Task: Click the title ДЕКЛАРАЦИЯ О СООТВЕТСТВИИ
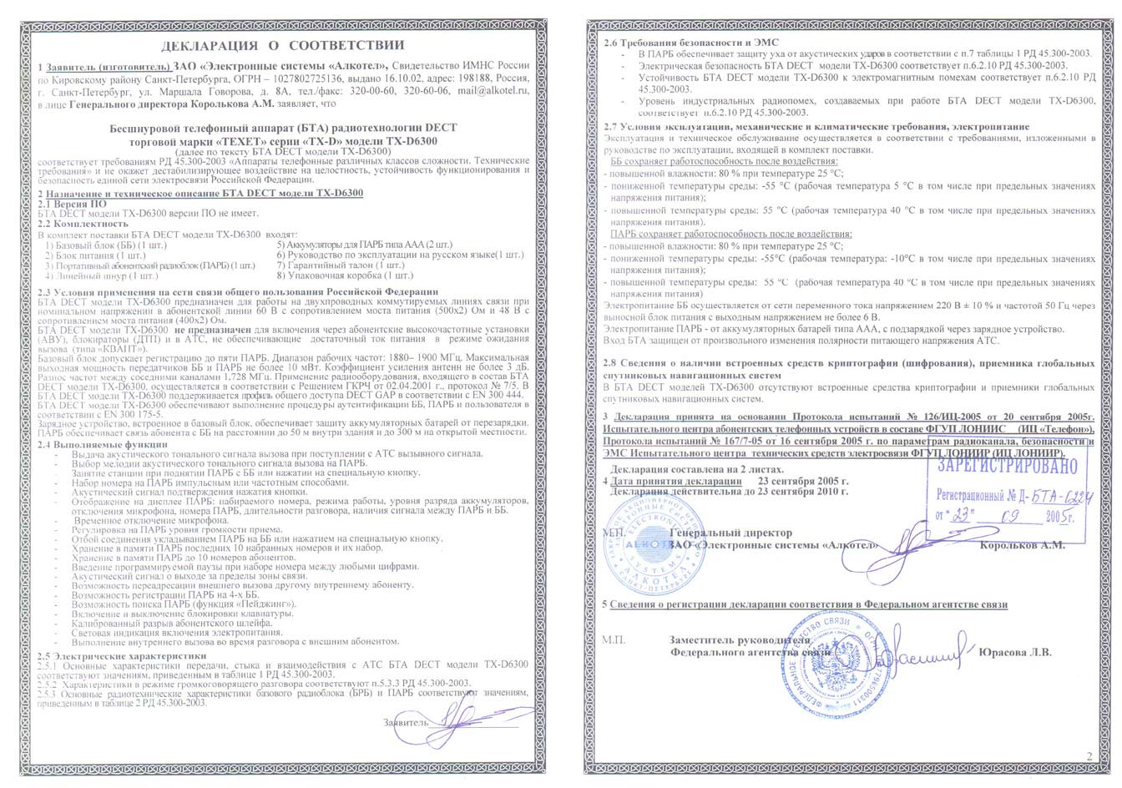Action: click(282, 45)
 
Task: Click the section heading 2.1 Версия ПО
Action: click(74, 204)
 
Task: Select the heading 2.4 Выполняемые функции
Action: click(103, 445)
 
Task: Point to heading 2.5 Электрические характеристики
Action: click(110, 655)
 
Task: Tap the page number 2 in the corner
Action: click(1089, 756)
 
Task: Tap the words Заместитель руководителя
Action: click(740, 640)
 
